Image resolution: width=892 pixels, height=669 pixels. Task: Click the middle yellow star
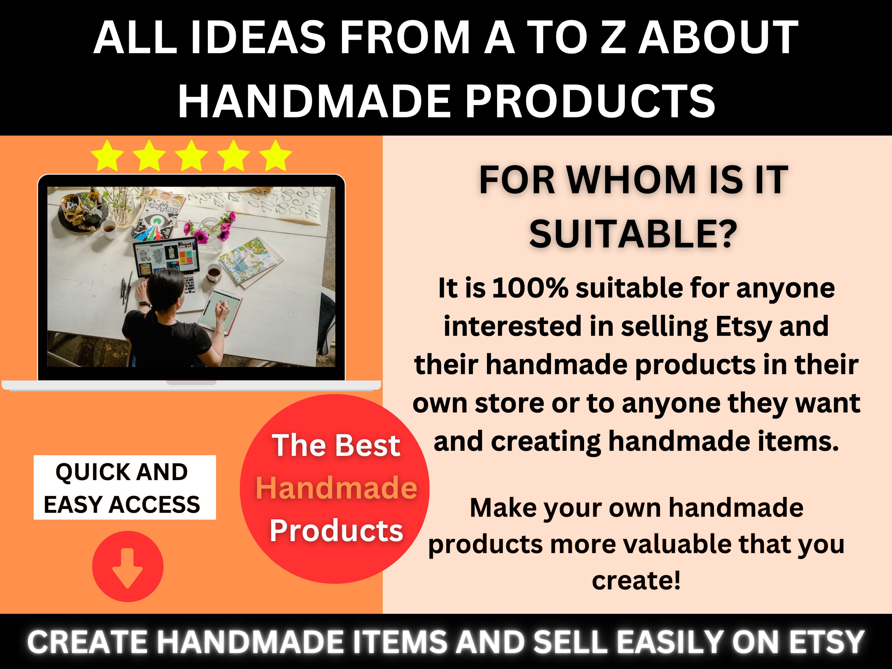(x=192, y=156)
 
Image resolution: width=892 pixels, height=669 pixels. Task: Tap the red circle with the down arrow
(x=128, y=566)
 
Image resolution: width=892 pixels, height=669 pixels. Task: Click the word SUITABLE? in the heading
(x=633, y=235)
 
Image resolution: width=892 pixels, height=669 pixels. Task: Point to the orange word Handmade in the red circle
(x=336, y=488)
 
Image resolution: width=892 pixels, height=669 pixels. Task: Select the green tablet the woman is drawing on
(x=220, y=311)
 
